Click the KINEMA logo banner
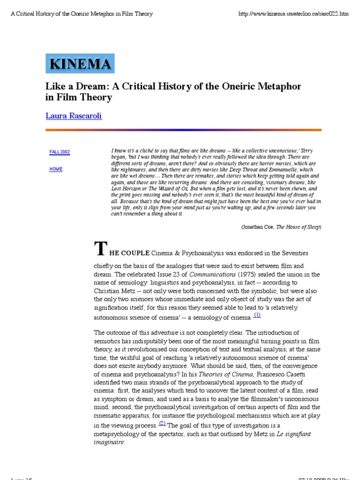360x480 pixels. pos(80,64)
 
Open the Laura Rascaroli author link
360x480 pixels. pos(73,116)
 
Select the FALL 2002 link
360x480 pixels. pos(60,152)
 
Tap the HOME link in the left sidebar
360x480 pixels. pos(56,169)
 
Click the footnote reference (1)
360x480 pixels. pos(257,315)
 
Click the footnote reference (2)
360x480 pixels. pos(162,423)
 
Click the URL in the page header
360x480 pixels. pos(293,14)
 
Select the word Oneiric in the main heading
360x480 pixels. pos(228,86)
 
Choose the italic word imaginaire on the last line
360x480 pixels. pos(109,442)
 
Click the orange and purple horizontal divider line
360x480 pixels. pos(183,130)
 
